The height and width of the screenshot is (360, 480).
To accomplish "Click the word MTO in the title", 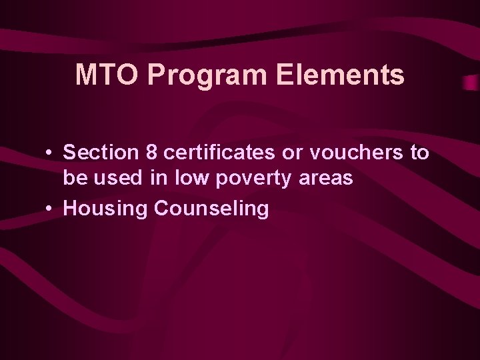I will [x=107, y=75].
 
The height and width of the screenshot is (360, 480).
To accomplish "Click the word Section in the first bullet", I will [x=100, y=152].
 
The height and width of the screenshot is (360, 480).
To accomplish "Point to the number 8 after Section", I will [x=151, y=152].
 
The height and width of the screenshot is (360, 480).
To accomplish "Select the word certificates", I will [x=217, y=152].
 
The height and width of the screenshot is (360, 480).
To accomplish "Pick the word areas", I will [x=327, y=179].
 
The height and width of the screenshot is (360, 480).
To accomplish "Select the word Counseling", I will [x=211, y=208].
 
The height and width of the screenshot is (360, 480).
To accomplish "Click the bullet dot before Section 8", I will [x=50, y=153].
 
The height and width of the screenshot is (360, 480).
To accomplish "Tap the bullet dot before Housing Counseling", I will [x=50, y=209].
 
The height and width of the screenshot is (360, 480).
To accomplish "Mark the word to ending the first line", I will [x=419, y=152].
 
